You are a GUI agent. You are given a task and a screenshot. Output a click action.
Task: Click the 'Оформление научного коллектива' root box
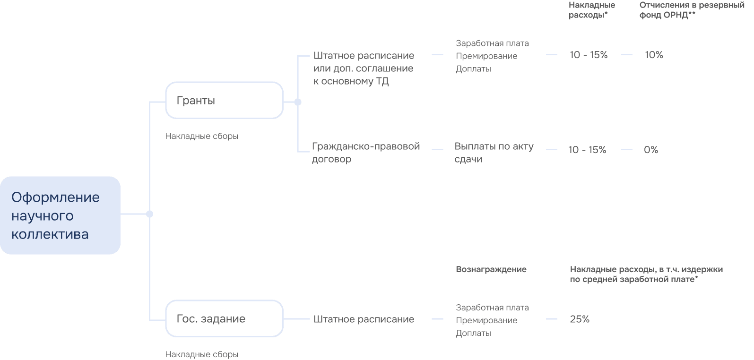click(60, 215)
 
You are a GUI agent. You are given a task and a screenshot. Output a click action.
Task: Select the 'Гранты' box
click(224, 100)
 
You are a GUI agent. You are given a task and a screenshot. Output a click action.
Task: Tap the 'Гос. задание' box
click(224, 318)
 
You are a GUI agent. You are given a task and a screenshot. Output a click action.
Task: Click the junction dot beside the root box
click(149, 214)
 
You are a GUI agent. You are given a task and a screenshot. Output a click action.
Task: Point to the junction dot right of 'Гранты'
click(297, 102)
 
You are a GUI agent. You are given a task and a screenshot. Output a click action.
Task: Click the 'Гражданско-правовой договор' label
click(365, 153)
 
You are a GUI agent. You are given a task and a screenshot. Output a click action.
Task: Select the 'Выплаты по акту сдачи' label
click(494, 153)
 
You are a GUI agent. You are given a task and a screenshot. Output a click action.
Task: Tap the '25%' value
click(580, 319)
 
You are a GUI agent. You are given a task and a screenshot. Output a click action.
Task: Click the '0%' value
click(651, 150)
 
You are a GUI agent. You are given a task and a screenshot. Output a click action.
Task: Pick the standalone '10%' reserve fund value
click(654, 55)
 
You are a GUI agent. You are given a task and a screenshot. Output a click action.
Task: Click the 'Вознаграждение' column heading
click(491, 269)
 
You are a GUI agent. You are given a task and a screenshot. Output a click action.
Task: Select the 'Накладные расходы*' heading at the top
click(591, 10)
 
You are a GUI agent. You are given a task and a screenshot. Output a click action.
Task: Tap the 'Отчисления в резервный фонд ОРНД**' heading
click(692, 10)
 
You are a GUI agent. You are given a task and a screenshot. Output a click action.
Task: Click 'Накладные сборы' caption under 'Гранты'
click(202, 136)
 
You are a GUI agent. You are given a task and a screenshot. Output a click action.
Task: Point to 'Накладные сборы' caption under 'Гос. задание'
click(202, 354)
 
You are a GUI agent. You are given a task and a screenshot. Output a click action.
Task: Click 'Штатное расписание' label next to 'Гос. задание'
click(364, 319)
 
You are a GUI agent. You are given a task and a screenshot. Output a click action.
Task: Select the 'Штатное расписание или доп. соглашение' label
click(363, 68)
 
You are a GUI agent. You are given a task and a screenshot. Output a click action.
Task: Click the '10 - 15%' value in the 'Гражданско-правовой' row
click(587, 150)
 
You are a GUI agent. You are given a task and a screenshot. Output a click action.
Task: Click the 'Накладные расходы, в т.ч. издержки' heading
click(646, 274)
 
